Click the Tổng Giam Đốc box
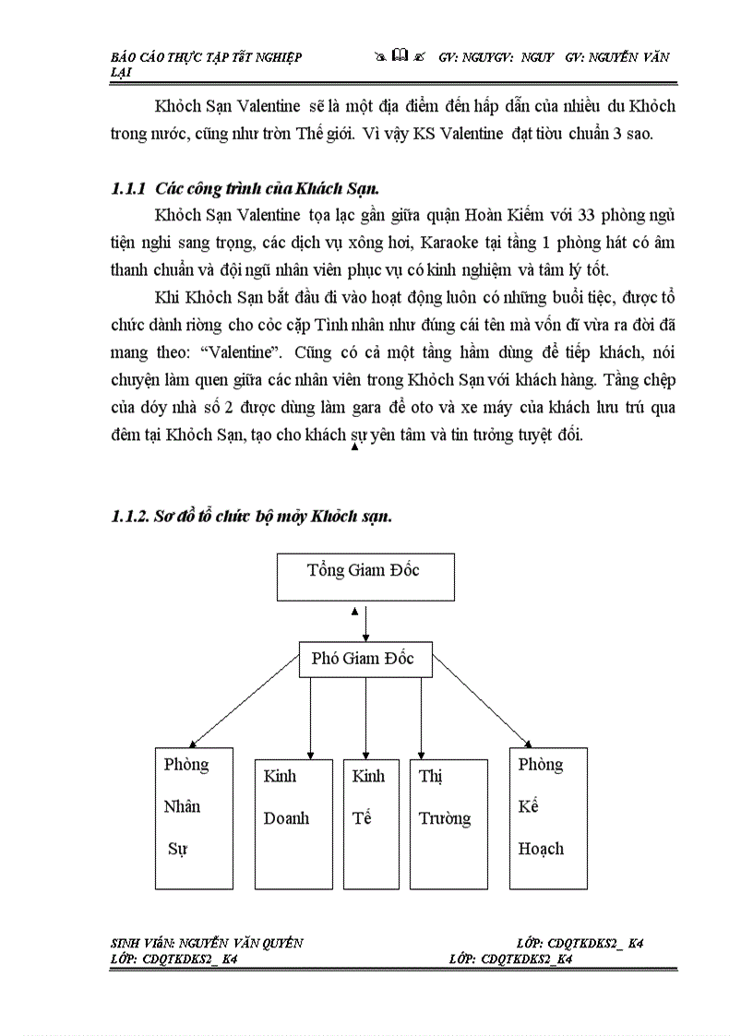point(365,577)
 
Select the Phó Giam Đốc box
point(366,659)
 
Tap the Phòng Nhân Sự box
point(194,817)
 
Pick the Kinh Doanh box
point(293,823)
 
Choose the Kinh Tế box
point(371,823)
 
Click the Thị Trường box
point(448,823)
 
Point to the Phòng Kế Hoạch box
point(548,817)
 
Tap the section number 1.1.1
point(128,188)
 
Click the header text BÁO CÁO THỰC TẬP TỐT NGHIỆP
point(205,56)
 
